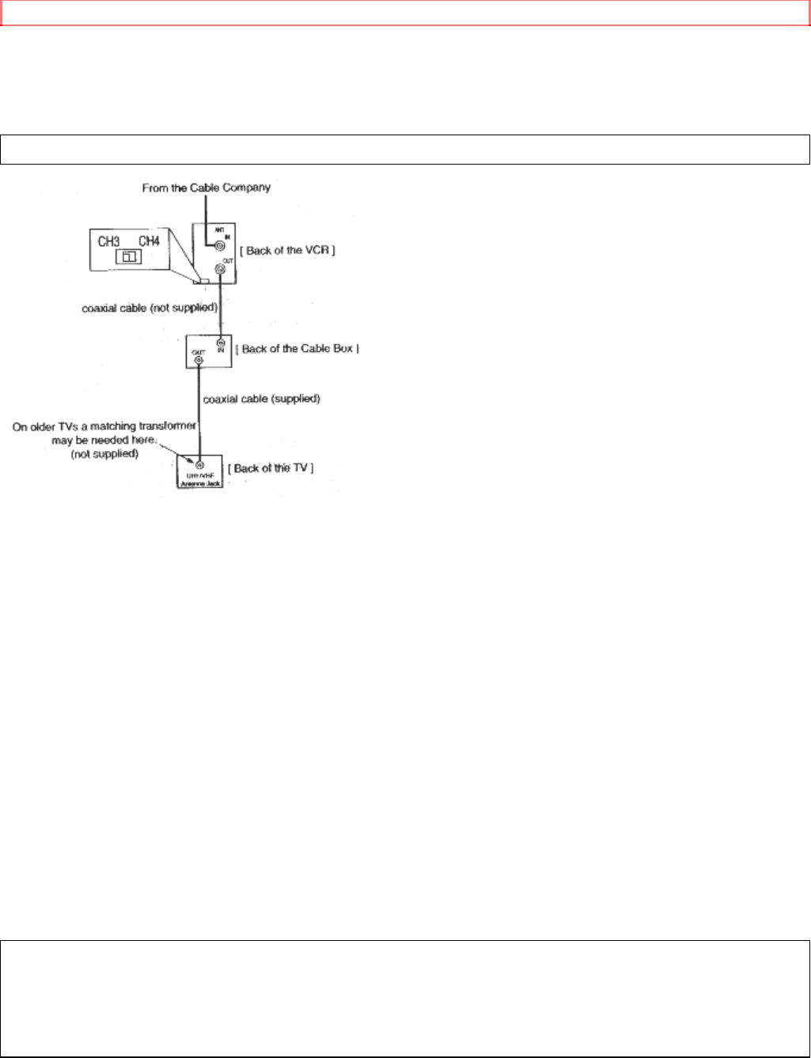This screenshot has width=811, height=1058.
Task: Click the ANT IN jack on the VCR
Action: [210, 245]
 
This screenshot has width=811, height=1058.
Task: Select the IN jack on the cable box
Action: [221, 343]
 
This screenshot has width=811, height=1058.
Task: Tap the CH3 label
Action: [108, 241]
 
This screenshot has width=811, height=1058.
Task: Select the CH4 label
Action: [149, 241]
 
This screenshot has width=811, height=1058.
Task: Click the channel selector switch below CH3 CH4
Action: [128, 256]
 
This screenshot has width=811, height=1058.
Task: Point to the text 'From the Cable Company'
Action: [206, 188]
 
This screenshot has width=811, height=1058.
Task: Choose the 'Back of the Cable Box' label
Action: [300, 349]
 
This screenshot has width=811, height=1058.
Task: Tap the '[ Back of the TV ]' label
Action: [271, 468]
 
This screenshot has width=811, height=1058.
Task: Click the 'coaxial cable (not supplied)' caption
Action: [150, 308]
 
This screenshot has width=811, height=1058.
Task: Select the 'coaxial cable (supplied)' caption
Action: [261, 399]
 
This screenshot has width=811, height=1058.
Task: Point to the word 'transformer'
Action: [169, 427]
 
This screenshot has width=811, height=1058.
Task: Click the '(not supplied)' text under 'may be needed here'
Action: [105, 454]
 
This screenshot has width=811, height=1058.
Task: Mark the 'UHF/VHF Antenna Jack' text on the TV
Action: [200, 479]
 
